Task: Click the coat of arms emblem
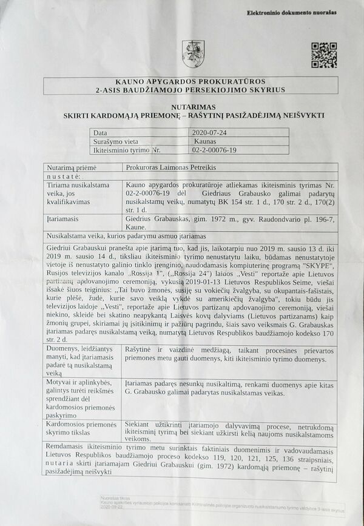coord(193,53)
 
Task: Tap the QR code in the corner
coord(324,55)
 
